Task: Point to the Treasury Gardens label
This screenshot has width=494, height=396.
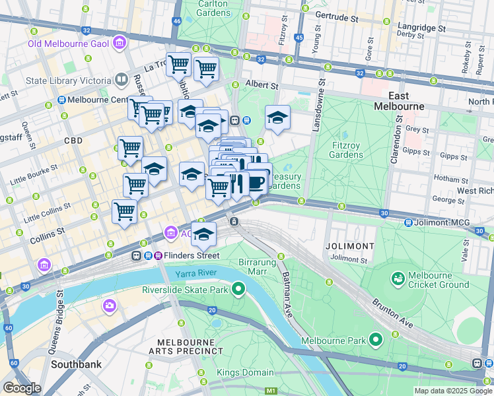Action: (x=286, y=181)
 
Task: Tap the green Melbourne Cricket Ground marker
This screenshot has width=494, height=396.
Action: (x=398, y=279)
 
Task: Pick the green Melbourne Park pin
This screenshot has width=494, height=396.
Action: (x=376, y=341)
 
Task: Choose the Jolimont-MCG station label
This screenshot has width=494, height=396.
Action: (x=441, y=222)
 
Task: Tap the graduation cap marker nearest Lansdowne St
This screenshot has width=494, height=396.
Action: (x=277, y=118)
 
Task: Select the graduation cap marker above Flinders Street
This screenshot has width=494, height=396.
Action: (x=204, y=234)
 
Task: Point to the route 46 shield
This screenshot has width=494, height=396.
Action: (x=176, y=21)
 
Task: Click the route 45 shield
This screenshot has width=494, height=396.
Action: (x=299, y=38)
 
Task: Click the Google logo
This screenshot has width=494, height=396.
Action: (x=22, y=387)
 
